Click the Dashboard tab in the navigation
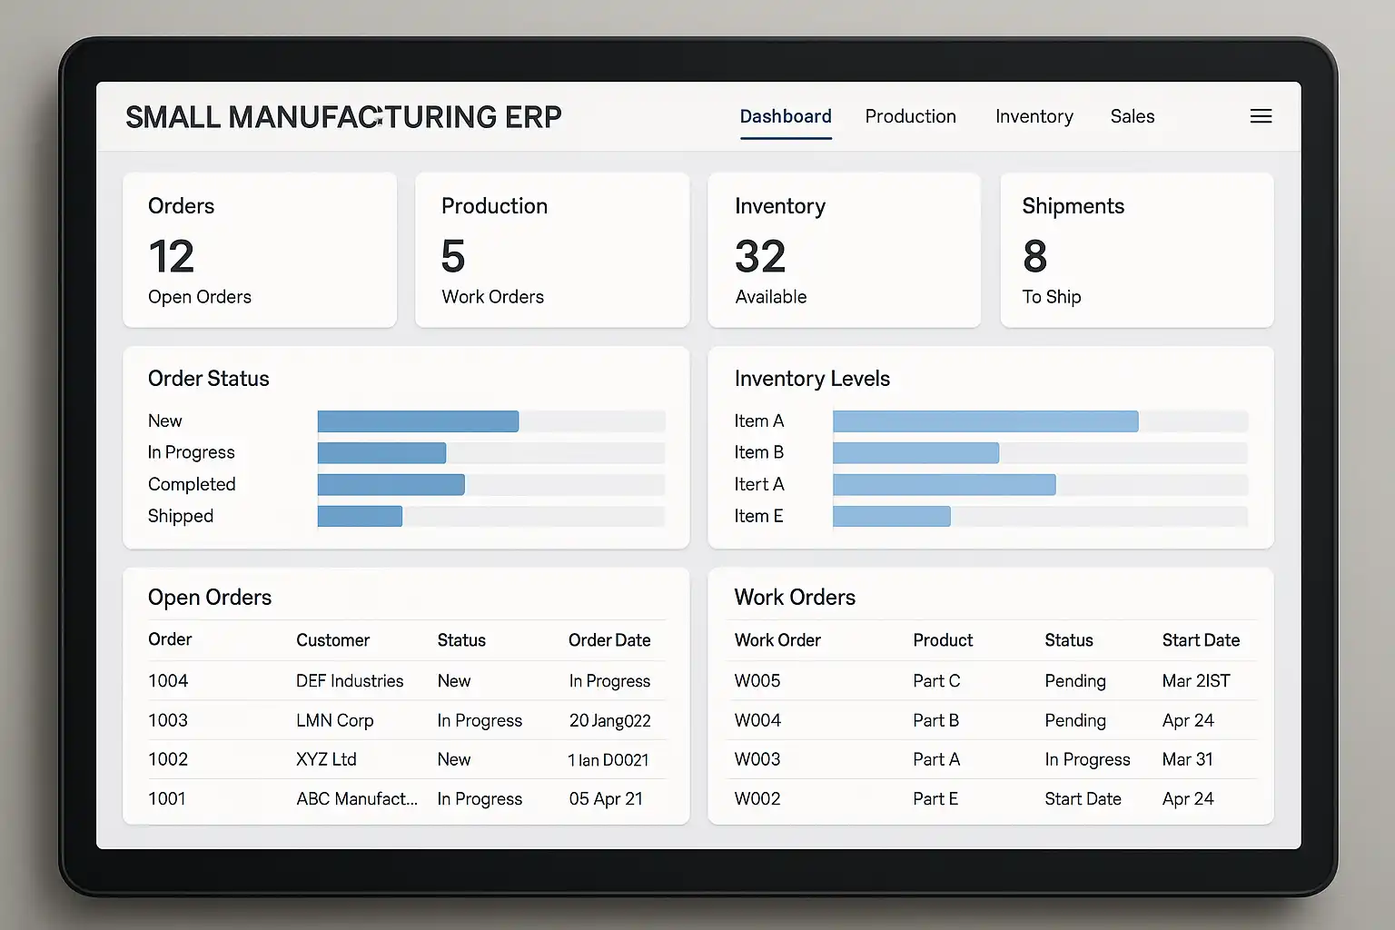tap(786, 116)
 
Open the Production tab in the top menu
tap(910, 116)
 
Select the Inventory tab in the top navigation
tap(1034, 116)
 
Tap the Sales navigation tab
tap(1132, 116)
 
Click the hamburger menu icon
tap(1261, 116)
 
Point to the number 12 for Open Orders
tap(172, 256)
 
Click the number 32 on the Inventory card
tap(760, 256)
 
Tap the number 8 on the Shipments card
tap(1034, 256)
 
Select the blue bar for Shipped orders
tap(360, 516)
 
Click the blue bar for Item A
tap(984, 420)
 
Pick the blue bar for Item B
tap(915, 452)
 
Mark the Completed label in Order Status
tap(192, 484)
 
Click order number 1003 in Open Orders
tap(168, 720)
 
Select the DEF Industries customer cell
tap(350, 681)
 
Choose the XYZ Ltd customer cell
tap(326, 759)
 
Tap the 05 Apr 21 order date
tap(606, 799)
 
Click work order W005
tap(757, 681)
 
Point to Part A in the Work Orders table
tap(936, 759)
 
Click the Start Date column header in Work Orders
tap(1201, 640)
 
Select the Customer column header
tap(332, 640)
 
